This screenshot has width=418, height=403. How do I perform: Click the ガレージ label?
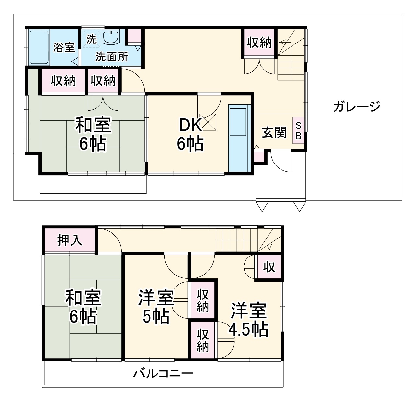click(356, 106)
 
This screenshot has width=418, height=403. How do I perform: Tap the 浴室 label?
click(64, 47)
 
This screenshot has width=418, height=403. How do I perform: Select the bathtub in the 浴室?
click(39, 47)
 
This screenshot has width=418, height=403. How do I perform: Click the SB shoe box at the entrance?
click(298, 130)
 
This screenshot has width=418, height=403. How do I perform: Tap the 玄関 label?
click(274, 132)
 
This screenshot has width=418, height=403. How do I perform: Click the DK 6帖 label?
click(190, 134)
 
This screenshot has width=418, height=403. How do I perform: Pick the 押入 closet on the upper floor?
click(70, 240)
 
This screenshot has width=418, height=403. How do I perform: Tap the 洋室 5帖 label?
click(156, 307)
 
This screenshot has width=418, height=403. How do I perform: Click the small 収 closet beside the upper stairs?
click(269, 267)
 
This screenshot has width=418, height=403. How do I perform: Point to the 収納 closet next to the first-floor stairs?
click(259, 43)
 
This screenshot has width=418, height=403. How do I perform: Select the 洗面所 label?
click(112, 57)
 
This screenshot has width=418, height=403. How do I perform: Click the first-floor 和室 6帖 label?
click(93, 134)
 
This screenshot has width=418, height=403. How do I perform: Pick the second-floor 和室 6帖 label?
click(83, 307)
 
